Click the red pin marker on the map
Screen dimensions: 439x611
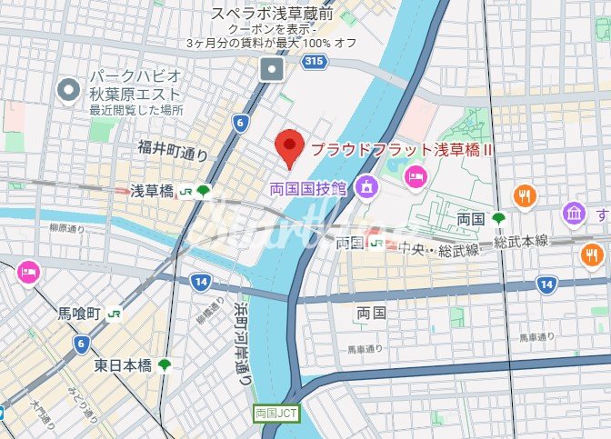[289, 148]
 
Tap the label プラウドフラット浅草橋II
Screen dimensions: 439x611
[402, 149]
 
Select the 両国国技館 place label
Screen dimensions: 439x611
[308, 188]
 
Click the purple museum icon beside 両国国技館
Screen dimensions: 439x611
[366, 187]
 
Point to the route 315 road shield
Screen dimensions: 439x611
[314, 62]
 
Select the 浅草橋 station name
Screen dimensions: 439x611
[151, 191]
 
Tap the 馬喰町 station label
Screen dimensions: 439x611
[77, 314]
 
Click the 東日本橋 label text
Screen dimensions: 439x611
[123, 364]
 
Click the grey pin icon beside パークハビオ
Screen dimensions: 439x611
[66, 89]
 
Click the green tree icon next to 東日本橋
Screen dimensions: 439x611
[165, 364]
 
